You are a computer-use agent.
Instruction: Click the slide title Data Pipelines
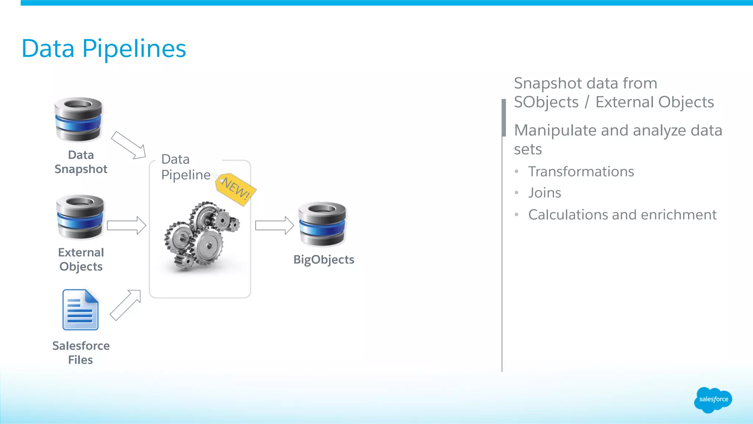pyautogui.click(x=104, y=49)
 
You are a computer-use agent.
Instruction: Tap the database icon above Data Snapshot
pyautogui.click(x=78, y=119)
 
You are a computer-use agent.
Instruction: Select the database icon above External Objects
pyautogui.click(x=80, y=217)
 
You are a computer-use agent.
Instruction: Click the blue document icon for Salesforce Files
pyautogui.click(x=81, y=310)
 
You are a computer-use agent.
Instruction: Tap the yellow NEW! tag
pyautogui.click(x=236, y=189)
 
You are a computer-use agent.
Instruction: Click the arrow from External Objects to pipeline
pyautogui.click(x=126, y=225)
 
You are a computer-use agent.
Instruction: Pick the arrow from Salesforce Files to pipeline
pyautogui.click(x=125, y=305)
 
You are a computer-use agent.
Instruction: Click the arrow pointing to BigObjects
pyautogui.click(x=274, y=225)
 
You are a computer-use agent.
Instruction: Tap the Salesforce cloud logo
pyautogui.click(x=713, y=399)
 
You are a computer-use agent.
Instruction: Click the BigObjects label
pyautogui.click(x=324, y=260)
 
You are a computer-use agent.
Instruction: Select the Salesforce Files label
pyautogui.click(x=81, y=352)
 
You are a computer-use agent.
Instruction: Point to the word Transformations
pyautogui.click(x=581, y=172)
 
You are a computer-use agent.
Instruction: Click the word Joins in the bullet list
pyautogui.click(x=545, y=193)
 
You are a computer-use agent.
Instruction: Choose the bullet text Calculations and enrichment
pyautogui.click(x=622, y=215)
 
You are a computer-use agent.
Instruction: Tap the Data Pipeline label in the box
pyautogui.click(x=186, y=167)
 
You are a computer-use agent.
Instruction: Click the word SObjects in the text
pyautogui.click(x=546, y=102)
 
